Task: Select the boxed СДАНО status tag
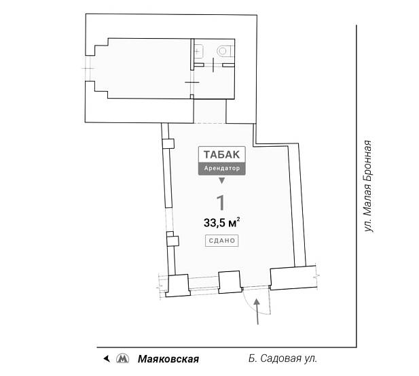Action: [x=221, y=240]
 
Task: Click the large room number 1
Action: [x=220, y=203]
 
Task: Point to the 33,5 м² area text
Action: [x=221, y=222]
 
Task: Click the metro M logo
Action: [x=122, y=358]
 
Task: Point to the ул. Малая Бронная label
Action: [x=368, y=187]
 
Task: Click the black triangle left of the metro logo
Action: [x=105, y=358]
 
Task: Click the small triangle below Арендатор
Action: [x=221, y=180]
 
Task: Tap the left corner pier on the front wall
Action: [x=178, y=285]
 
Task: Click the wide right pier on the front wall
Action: [x=294, y=277]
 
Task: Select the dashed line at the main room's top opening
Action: [x=210, y=123]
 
